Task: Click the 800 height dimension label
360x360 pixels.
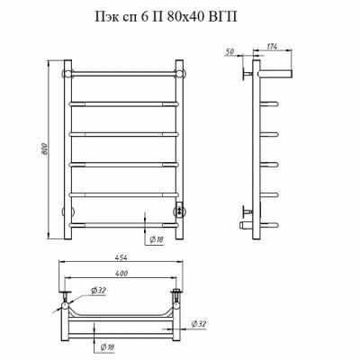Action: click(45, 149)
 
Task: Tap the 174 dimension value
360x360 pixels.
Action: click(272, 46)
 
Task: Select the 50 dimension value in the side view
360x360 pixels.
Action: click(229, 51)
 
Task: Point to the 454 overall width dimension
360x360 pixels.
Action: click(121, 257)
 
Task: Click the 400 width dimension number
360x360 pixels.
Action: click(121, 273)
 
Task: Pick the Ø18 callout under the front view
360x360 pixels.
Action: click(156, 239)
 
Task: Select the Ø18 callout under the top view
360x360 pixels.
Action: click(107, 347)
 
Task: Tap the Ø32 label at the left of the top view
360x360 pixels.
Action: click(98, 291)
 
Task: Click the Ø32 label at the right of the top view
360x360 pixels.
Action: click(199, 324)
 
